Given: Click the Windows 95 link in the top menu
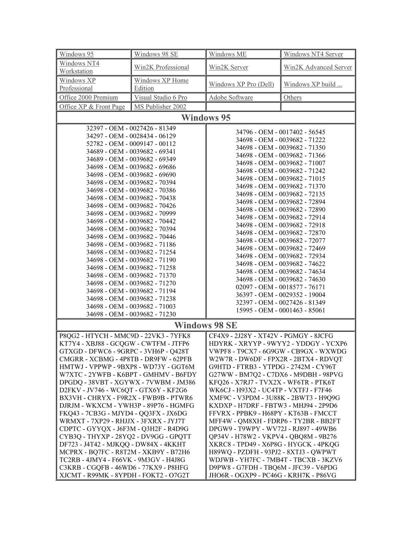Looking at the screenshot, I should tap(76, 54).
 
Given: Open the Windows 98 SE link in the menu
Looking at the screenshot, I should tap(156, 54).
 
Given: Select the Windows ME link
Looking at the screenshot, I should tap(228, 54).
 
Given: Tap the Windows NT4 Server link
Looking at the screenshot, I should tap(313, 54).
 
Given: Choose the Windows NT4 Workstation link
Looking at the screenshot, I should tap(79, 67).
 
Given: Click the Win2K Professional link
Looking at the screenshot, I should tap(162, 67).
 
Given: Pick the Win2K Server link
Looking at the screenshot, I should tap(228, 67).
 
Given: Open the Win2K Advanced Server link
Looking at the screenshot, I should tap(318, 67).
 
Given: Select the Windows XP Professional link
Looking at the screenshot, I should tap(77, 84).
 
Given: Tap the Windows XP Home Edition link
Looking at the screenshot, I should tap(161, 84).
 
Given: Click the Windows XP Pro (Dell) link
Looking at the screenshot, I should tap(241, 84).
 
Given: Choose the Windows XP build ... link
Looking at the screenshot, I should tap(313, 84).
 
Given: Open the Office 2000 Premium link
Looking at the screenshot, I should tap(88, 98).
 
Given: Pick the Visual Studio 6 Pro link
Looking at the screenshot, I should tap(161, 98).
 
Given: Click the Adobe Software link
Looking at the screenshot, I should tap(231, 98).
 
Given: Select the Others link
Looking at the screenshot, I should tap(293, 98).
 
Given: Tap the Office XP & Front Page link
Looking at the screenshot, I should tap(92, 107).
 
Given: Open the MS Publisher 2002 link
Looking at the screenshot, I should tap(160, 107).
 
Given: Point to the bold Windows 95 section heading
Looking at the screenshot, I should tap(206, 118).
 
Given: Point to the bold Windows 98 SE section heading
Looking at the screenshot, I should tap(206, 325).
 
